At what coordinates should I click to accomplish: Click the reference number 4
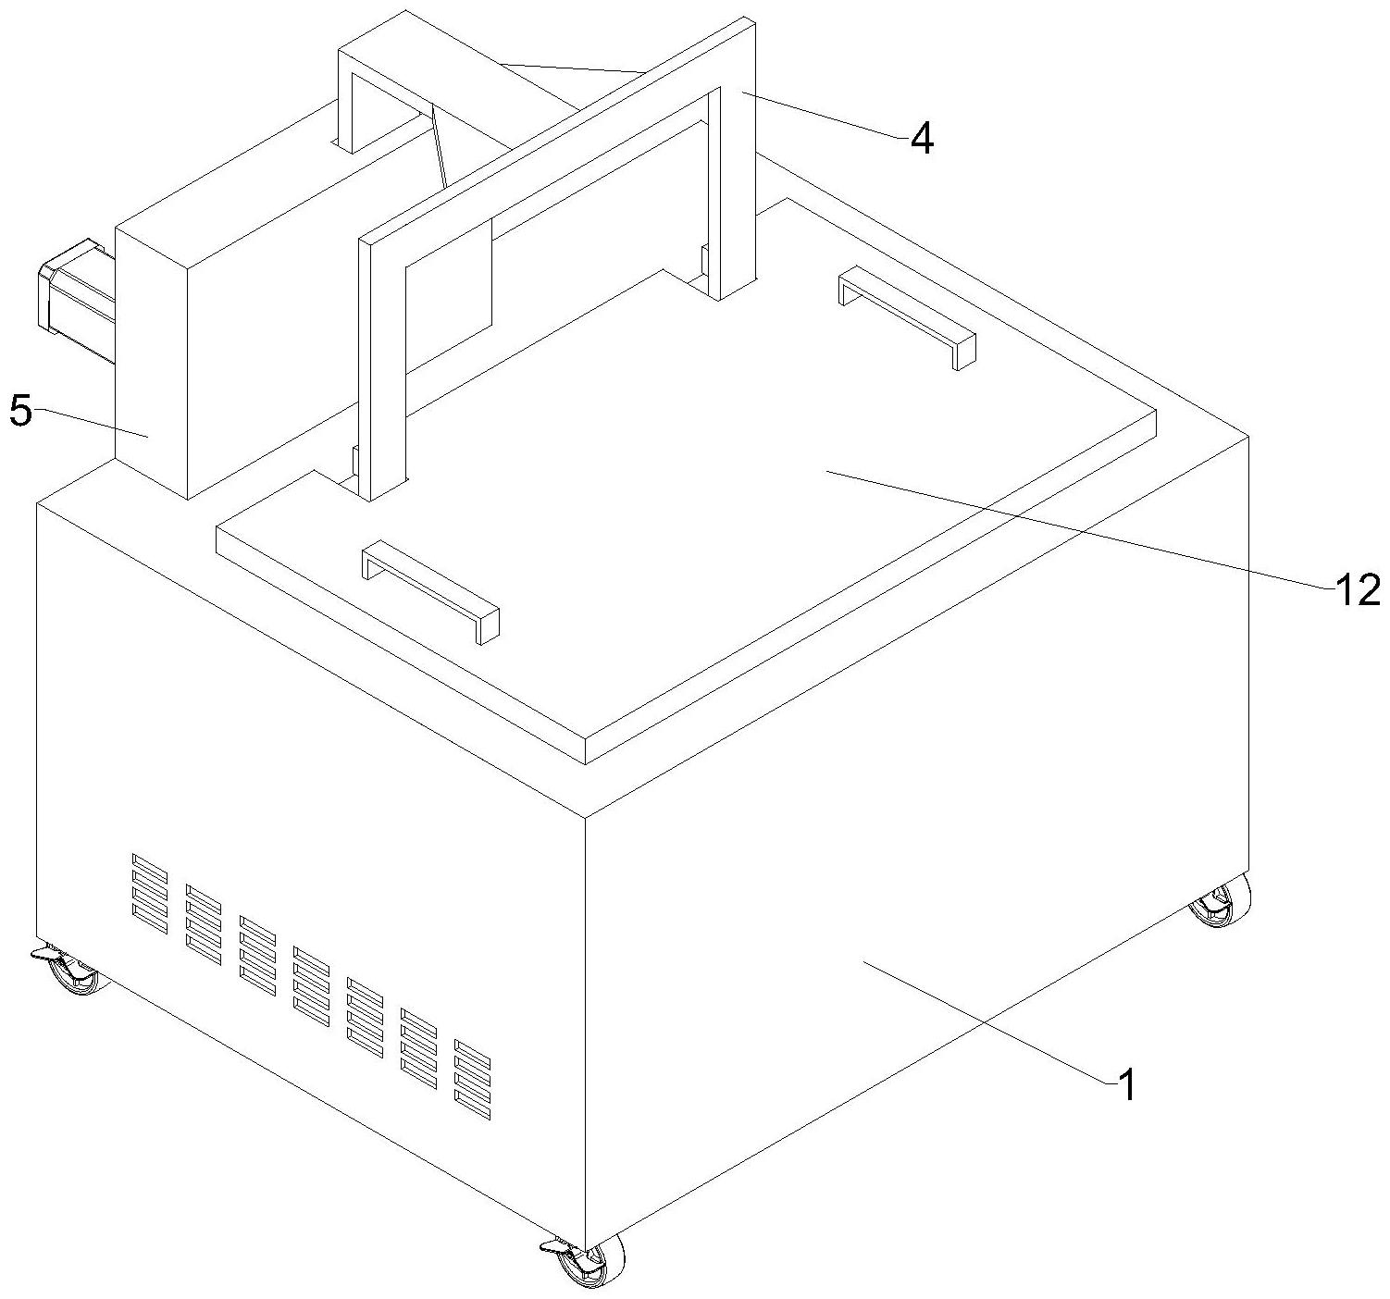pos(922,139)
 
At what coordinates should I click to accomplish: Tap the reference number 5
pos(20,411)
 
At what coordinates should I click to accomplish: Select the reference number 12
pos(1356,590)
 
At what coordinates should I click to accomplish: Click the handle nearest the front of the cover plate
pos(431,589)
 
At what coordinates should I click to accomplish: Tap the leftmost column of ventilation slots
pos(150,893)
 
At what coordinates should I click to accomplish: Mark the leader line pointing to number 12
pos(1074,527)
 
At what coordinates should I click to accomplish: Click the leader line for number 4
pos(824,115)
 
